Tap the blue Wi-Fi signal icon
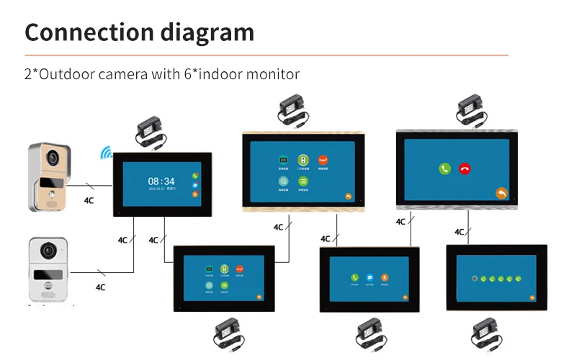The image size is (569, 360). coord(106,153)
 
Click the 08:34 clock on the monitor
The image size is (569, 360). coord(161,181)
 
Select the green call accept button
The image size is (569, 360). coord(445,168)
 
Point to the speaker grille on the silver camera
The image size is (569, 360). coord(48,294)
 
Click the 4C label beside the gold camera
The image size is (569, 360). coord(89,201)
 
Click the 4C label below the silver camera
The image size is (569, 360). coord(100,287)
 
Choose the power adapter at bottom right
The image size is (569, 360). coord(485,333)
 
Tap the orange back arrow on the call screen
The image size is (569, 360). coord(501,193)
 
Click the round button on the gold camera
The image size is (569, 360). coord(50,193)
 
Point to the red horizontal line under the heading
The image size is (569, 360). coord(266,55)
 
